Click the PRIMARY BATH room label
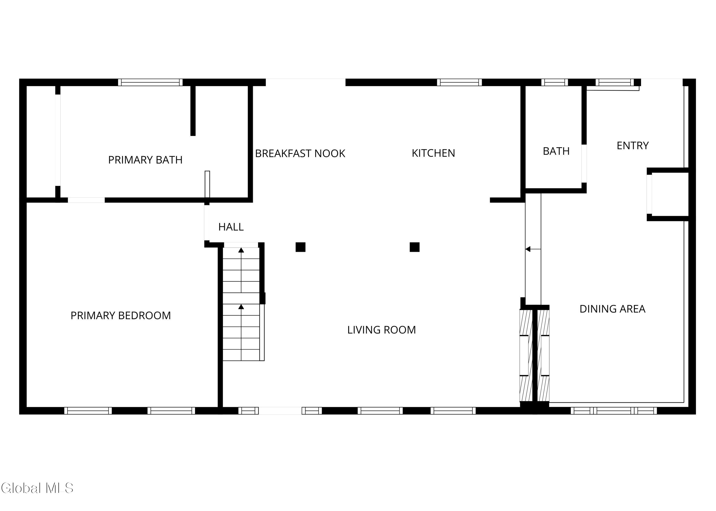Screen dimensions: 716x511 (145, 160)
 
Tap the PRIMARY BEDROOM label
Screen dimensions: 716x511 (121, 316)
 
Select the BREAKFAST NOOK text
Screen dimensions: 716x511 (300, 154)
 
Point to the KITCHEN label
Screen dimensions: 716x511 (433, 153)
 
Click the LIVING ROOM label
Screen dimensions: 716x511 (381, 330)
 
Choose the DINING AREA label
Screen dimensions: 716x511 (612, 309)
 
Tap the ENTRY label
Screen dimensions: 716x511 (633, 146)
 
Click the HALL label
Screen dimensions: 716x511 (231, 227)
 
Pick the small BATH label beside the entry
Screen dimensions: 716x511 (556, 151)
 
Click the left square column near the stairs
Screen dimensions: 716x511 (300, 247)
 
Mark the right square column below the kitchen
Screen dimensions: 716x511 (415, 247)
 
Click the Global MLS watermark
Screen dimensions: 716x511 (37, 488)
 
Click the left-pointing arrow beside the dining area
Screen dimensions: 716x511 (533, 249)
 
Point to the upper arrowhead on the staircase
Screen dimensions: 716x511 (241, 250)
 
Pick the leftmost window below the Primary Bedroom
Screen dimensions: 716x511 (88, 411)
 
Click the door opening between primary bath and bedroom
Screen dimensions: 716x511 (86, 200)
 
